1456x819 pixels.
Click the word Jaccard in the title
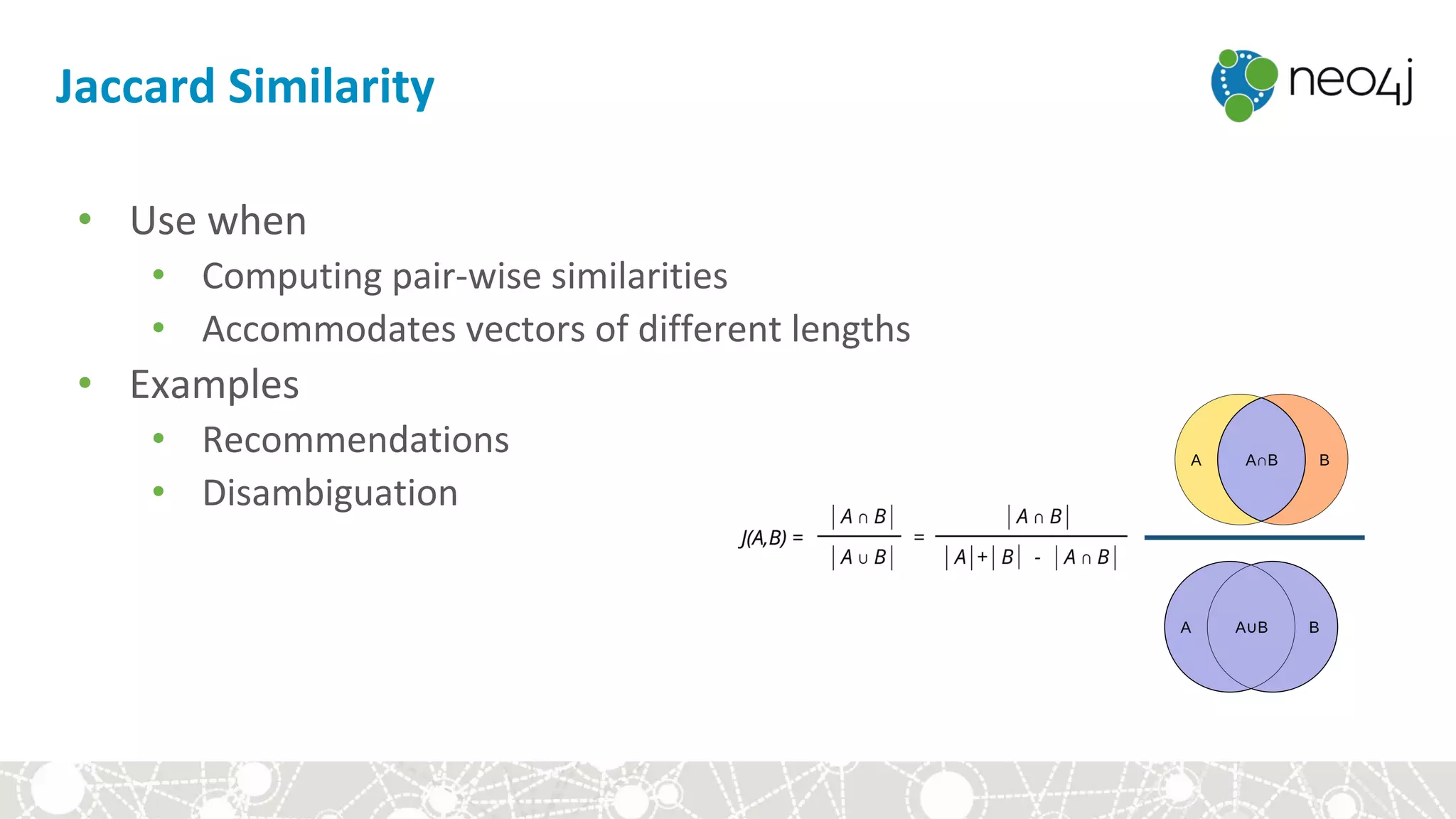tap(135, 87)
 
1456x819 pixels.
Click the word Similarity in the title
tap(331, 87)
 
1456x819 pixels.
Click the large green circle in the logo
tap(1262, 73)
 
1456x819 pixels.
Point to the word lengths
tap(850, 329)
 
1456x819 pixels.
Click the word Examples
tap(214, 385)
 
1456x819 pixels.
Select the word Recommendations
tap(355, 439)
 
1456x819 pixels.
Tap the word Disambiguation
tap(330, 493)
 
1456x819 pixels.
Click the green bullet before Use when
tap(85, 219)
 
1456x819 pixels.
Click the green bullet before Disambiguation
tap(159, 491)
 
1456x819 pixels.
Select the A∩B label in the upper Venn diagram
tap(1261, 461)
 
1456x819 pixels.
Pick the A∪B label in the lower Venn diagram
tap(1251, 628)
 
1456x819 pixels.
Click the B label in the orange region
tap(1324, 461)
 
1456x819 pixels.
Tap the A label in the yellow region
tap(1196, 461)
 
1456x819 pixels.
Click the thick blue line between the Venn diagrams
tap(1254, 537)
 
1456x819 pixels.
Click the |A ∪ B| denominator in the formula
tap(862, 557)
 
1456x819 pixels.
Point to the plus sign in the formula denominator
tap(982, 557)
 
